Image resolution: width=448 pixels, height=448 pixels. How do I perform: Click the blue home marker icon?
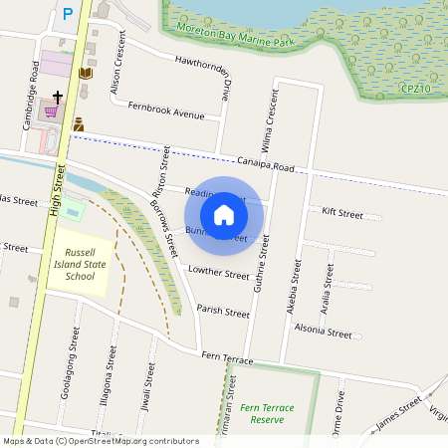[x=224, y=214]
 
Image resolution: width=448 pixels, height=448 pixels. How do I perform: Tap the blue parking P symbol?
[x=68, y=14]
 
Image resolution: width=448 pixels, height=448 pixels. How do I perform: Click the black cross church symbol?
[x=58, y=98]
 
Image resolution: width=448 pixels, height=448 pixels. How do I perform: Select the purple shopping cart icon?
[x=50, y=112]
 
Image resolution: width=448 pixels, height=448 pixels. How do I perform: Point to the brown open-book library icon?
[x=85, y=74]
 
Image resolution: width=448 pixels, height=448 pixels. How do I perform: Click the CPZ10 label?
[x=415, y=90]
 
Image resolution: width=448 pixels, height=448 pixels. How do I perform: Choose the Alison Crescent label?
[x=117, y=76]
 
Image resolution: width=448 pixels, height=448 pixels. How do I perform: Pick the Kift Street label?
[x=342, y=212]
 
